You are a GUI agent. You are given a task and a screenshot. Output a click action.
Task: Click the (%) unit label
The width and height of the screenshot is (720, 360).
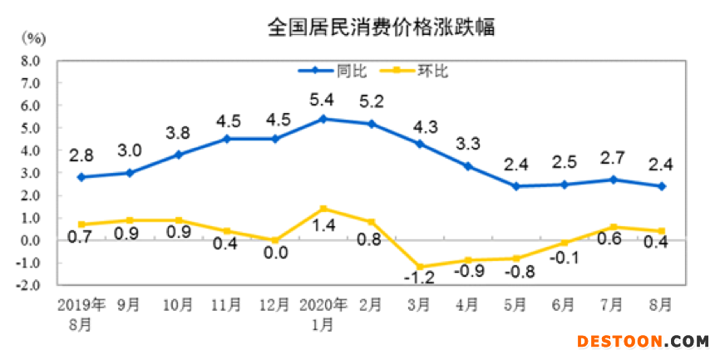[34, 39]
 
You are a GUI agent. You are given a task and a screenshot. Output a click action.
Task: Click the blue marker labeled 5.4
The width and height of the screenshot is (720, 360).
[323, 119]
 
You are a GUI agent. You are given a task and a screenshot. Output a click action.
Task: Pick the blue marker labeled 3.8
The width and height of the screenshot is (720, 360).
[178, 155]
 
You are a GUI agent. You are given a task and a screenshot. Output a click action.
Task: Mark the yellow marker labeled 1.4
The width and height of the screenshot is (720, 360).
[323, 209]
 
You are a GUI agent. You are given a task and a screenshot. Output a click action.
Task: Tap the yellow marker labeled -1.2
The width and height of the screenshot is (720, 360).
[421, 267]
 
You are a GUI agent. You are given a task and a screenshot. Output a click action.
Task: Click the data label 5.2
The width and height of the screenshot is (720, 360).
[372, 102]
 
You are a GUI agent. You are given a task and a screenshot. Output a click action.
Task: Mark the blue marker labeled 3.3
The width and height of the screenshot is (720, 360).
[469, 166]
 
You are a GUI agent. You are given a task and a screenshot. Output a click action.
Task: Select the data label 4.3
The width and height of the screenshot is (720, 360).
[421, 129]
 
